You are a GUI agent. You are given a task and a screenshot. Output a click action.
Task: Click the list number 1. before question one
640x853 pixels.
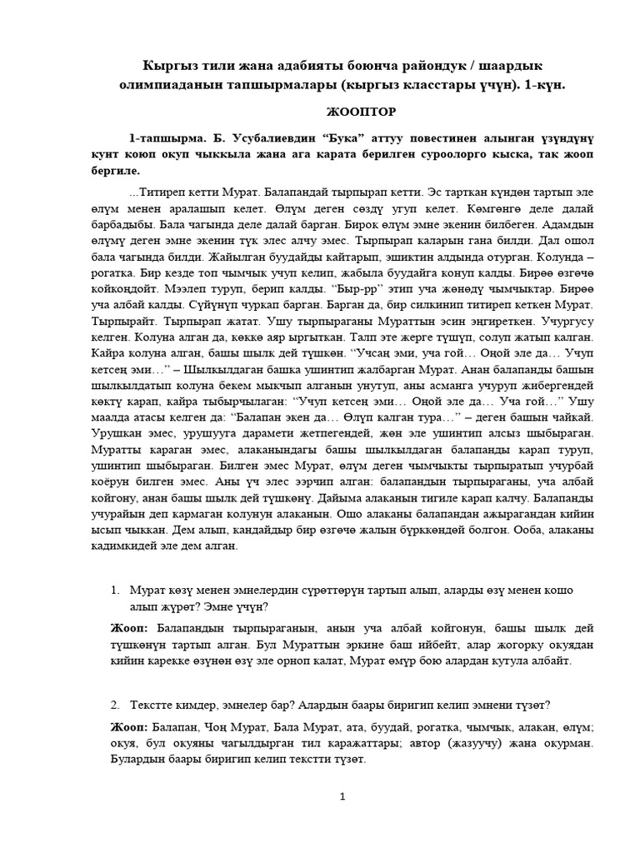point(116,590)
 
